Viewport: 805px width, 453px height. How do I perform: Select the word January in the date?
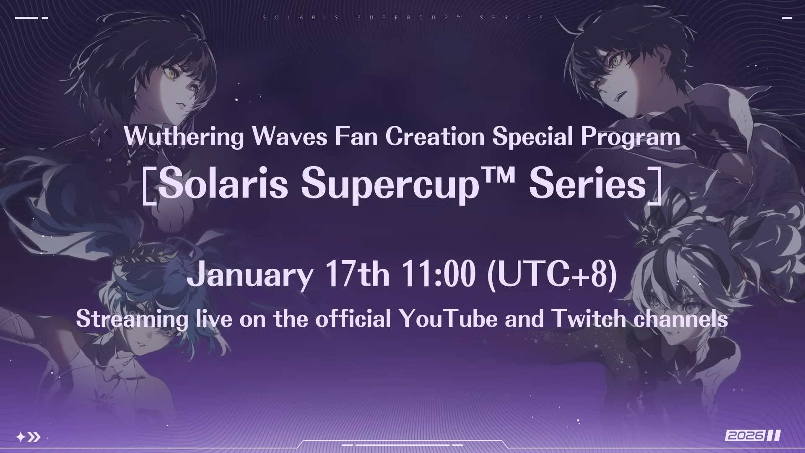pos(250,275)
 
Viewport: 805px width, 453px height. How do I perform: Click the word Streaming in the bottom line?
pos(132,320)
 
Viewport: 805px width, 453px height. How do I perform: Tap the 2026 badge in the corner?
pos(753,435)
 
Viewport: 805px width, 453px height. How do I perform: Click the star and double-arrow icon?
pos(28,437)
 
